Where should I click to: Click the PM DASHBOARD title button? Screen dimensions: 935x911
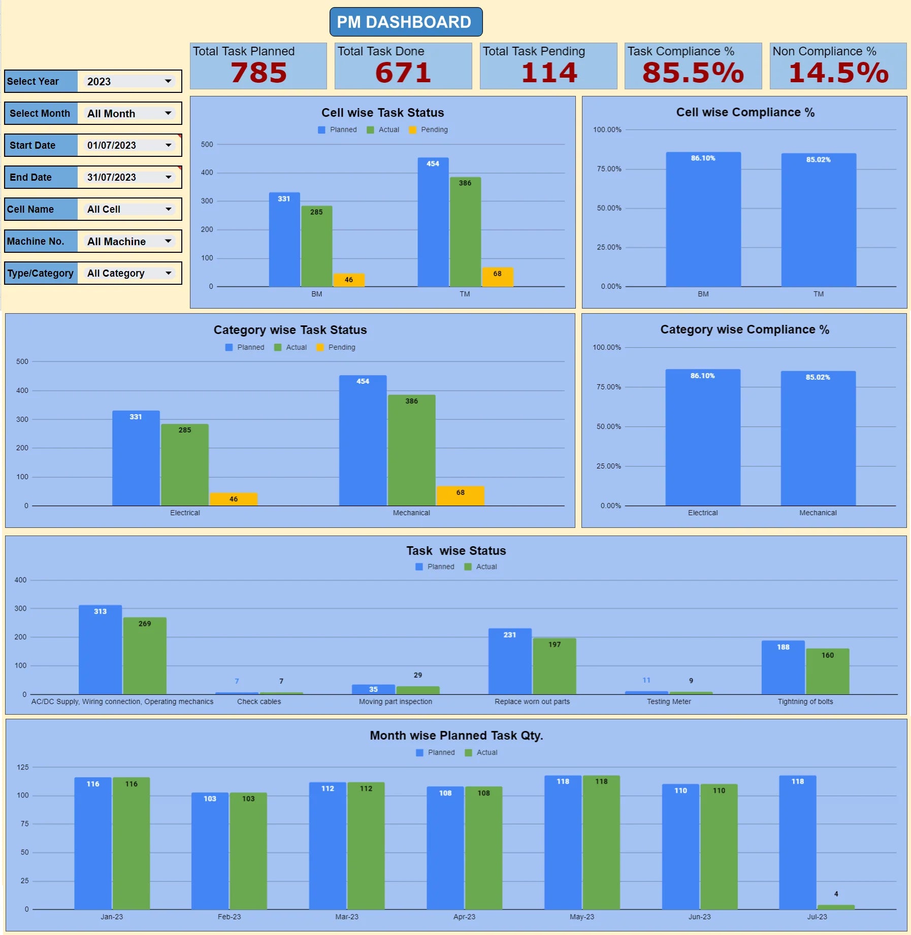click(x=405, y=22)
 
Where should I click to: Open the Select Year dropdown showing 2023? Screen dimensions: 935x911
click(x=129, y=81)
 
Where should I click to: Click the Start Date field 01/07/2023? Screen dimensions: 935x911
click(x=129, y=145)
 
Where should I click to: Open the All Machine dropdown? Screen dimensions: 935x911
click(x=129, y=242)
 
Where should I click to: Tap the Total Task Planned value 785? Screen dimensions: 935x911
click(x=258, y=73)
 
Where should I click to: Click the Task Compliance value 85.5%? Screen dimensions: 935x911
click(x=693, y=73)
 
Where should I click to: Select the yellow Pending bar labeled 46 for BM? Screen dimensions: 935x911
click(x=349, y=280)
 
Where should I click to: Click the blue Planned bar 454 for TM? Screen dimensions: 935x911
click(x=433, y=223)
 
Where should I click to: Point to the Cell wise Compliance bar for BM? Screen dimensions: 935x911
click(x=703, y=221)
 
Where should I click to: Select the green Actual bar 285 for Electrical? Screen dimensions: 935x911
click(x=185, y=464)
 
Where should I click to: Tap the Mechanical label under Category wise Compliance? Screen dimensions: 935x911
click(x=818, y=513)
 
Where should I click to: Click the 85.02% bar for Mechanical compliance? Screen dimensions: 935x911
click(x=818, y=439)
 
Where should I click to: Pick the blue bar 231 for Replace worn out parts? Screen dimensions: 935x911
click(x=509, y=662)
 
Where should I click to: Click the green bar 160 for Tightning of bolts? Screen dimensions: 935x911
click(x=827, y=672)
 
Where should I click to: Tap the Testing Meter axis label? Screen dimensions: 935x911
click(x=668, y=702)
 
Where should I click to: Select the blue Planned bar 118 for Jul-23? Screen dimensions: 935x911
click(x=797, y=843)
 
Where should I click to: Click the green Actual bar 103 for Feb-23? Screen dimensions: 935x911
click(x=248, y=852)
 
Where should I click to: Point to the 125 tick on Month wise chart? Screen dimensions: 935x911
click(x=23, y=767)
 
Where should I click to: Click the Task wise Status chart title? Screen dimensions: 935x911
click(x=455, y=551)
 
